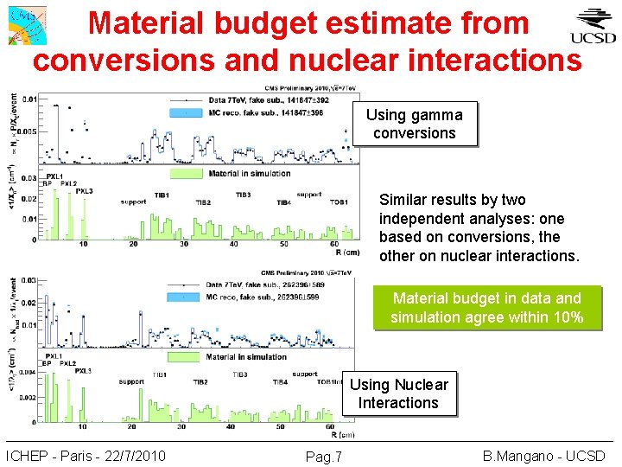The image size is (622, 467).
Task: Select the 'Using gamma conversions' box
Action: (x=414, y=124)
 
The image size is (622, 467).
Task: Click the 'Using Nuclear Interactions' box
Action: (x=398, y=393)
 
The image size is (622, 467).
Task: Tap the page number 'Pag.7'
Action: (x=324, y=456)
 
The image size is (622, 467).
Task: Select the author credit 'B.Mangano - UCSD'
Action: (x=544, y=455)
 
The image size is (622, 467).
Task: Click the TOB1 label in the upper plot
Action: (x=339, y=202)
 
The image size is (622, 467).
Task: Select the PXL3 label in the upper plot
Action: (x=84, y=191)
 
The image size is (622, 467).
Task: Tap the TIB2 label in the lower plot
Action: (x=200, y=381)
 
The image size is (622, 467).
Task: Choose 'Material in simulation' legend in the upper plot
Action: (x=247, y=174)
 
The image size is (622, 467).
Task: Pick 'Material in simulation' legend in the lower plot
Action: (x=245, y=356)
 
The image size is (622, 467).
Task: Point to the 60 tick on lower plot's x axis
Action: (x=331, y=427)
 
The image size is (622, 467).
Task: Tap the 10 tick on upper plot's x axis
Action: (x=83, y=245)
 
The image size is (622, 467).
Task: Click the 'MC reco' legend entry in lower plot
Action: (x=251, y=297)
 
